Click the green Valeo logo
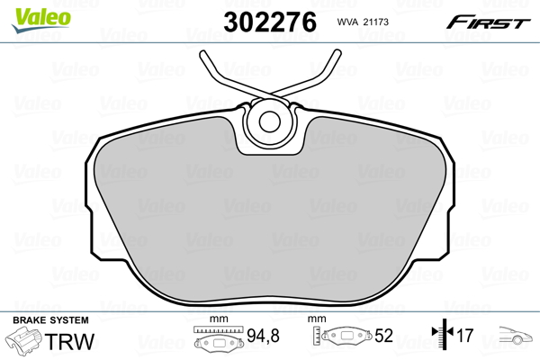click(x=41, y=20)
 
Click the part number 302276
click(x=270, y=22)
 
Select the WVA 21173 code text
click(x=363, y=22)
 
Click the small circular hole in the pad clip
click(x=270, y=121)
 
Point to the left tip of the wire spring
click(x=202, y=53)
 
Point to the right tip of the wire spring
click(x=338, y=52)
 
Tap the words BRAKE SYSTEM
click(x=50, y=320)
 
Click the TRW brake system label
click(x=69, y=342)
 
